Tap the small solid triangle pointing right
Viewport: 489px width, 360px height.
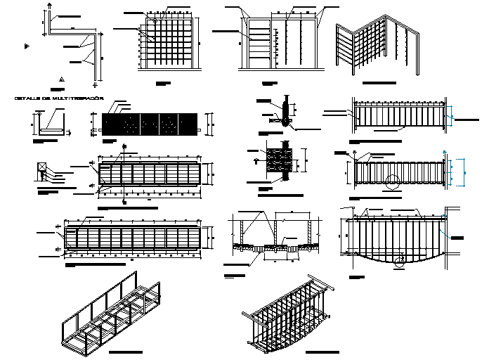pyautogui.click(x=26, y=46)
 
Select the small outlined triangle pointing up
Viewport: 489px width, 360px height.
pyautogui.click(x=61, y=79)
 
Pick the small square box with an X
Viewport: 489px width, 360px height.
pyautogui.click(x=42, y=167)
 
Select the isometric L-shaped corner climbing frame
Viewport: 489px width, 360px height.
pyautogui.click(x=377, y=46)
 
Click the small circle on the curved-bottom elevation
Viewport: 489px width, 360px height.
pyautogui.click(x=399, y=262)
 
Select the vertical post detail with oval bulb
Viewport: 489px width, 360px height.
pyautogui.click(x=287, y=112)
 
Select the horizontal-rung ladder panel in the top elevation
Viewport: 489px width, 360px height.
pyautogui.click(x=259, y=43)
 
